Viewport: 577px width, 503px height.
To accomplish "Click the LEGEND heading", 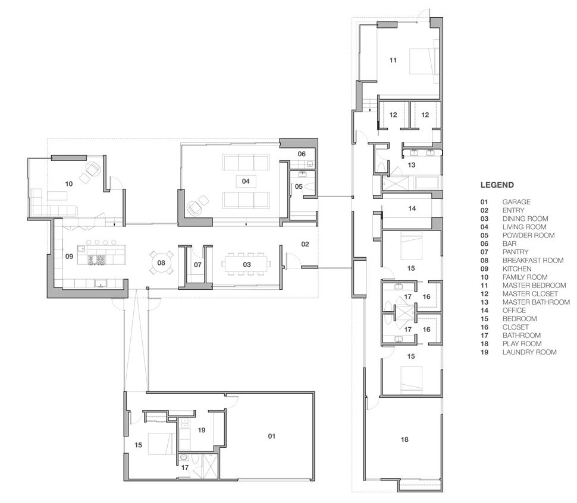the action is (x=497, y=185).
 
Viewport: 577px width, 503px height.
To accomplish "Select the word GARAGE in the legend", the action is (x=516, y=202).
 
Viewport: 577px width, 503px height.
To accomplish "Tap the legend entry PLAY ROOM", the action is (x=522, y=343).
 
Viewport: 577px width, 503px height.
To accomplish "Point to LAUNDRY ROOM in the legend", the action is (x=529, y=352).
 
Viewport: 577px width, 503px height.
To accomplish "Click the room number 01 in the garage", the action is (x=272, y=436).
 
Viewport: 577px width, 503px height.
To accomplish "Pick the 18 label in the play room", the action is (x=404, y=439).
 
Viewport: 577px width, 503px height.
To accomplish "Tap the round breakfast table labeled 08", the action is (x=161, y=262).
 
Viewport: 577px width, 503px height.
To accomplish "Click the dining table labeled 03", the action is (x=246, y=264).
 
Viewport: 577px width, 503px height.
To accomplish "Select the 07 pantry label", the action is (x=197, y=264).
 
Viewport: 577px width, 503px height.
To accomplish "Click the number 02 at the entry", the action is (x=305, y=244).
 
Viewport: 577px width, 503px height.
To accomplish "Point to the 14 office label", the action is (x=412, y=208).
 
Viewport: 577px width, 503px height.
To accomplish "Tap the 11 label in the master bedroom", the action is (x=393, y=60).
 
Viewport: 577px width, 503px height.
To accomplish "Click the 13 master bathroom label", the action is (x=412, y=165).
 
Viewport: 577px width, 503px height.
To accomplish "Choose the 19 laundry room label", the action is (x=201, y=430).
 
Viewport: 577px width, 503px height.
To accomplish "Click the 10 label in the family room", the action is (x=69, y=184).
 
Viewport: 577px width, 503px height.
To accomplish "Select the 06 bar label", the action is (x=302, y=154).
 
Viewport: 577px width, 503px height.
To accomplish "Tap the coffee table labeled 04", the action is (x=246, y=181).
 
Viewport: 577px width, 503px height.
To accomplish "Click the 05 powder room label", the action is (x=299, y=186).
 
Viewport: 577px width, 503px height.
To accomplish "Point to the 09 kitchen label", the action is (x=69, y=257).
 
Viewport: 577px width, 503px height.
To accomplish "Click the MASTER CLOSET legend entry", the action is (x=530, y=293).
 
